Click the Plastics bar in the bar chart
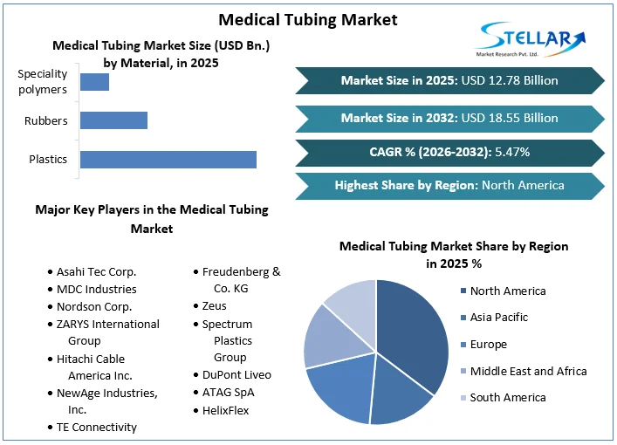168,159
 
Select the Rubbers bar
113,120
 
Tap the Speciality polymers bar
94,82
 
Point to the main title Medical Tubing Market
307,18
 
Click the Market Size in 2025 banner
449,80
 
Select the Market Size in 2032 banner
449,118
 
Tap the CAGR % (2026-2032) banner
449,152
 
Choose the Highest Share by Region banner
449,185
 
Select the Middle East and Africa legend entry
528,371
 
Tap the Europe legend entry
488,345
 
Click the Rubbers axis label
46,120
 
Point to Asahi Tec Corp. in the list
96,271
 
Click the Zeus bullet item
214,306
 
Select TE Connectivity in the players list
96,427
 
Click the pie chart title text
453,254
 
